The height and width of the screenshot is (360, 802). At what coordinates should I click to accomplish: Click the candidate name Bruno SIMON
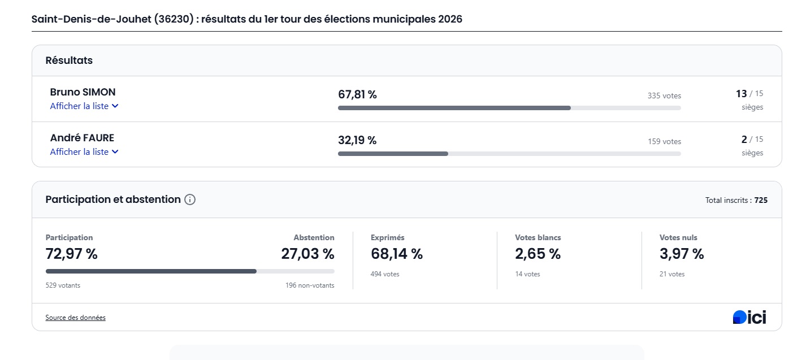point(83,92)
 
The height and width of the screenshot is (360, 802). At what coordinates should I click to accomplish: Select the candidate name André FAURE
point(82,138)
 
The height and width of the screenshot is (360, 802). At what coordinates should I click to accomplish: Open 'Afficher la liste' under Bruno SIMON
point(84,106)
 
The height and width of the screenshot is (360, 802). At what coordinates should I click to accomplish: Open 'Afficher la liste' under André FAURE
point(84,152)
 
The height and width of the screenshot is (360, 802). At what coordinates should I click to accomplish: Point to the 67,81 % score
point(357,95)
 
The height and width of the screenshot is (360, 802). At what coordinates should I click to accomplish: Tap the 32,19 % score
point(357,141)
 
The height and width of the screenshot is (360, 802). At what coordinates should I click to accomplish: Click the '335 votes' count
point(664,96)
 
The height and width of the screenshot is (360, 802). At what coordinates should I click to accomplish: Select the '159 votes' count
point(664,141)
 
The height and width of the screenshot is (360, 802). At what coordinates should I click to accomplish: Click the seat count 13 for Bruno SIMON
point(741,94)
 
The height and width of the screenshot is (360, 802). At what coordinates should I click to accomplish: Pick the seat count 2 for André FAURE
point(744,140)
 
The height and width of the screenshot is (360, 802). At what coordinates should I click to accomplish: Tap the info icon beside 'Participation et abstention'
point(190,199)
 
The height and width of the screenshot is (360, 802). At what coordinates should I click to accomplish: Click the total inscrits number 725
point(761,200)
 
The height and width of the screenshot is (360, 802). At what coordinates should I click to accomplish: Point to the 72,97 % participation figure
point(71,254)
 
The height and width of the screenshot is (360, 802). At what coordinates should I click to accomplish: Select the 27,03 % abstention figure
point(307,254)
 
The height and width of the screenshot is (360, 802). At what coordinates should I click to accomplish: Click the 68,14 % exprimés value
point(396,254)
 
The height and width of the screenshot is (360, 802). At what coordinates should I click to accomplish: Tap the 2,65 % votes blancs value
point(537,254)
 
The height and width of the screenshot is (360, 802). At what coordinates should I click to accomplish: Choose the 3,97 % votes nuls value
point(682,254)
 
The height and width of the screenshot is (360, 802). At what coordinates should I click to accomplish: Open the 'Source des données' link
point(75,318)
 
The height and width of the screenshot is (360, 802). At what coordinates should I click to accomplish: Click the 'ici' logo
point(749,318)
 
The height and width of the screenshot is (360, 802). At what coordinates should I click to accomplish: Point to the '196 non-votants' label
point(310,285)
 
